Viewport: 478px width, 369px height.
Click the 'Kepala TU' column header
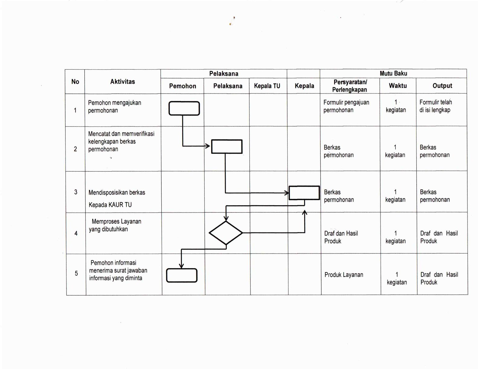[x=267, y=86]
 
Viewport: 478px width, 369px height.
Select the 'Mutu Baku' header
[x=393, y=73]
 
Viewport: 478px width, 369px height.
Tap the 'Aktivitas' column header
[x=123, y=82]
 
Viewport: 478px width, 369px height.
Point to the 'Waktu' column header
[x=398, y=86]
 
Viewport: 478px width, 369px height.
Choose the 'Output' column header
[x=442, y=86]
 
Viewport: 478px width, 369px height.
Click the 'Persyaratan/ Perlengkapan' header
[x=350, y=86]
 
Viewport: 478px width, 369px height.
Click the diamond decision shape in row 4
[x=226, y=233]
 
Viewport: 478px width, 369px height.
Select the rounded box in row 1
[x=184, y=108]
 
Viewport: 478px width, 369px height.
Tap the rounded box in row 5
[x=182, y=275]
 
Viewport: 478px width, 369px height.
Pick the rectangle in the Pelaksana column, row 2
[x=227, y=147]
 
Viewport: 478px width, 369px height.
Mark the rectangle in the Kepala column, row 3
[x=304, y=193]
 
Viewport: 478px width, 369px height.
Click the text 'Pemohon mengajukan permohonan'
[x=115, y=107]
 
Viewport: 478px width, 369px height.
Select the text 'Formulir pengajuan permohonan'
[x=346, y=106]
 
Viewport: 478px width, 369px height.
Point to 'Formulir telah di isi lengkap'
[x=435, y=106]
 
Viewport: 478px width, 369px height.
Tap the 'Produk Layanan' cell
[x=344, y=275]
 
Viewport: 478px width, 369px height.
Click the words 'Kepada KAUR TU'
[x=110, y=205]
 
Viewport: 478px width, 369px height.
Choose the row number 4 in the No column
[x=76, y=233]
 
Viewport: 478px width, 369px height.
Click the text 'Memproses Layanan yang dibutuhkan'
[x=115, y=225]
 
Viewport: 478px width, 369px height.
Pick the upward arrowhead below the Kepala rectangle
[x=305, y=212]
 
